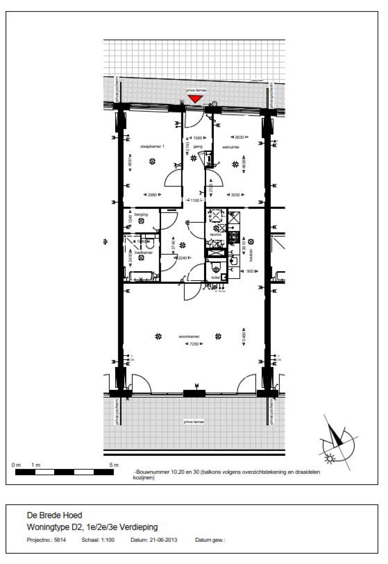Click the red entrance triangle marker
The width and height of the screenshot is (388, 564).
tap(195, 99)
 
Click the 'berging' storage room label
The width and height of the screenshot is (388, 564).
tap(134, 215)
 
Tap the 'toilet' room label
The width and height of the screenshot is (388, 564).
tap(215, 277)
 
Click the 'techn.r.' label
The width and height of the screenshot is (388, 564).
tap(217, 235)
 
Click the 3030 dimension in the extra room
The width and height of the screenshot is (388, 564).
tap(235, 194)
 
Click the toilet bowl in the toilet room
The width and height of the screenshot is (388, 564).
tap(216, 267)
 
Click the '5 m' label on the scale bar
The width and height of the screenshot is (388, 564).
tap(114, 465)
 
